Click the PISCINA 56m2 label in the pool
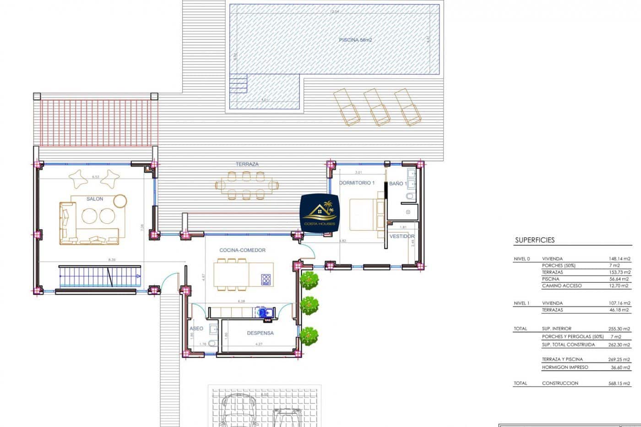(355, 40)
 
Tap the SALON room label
(95, 199)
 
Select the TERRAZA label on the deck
(247, 164)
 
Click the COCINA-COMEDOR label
(242, 250)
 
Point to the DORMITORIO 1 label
(357, 183)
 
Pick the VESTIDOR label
(402, 237)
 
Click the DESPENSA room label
(260, 333)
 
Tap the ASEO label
(196, 329)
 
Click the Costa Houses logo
(320, 213)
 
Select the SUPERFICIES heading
(535, 240)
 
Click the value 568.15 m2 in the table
(619, 384)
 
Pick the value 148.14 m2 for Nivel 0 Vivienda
(619, 259)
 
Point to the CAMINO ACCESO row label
(562, 286)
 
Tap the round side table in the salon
(120, 201)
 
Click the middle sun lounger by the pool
(377, 107)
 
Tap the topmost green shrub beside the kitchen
(310, 280)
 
